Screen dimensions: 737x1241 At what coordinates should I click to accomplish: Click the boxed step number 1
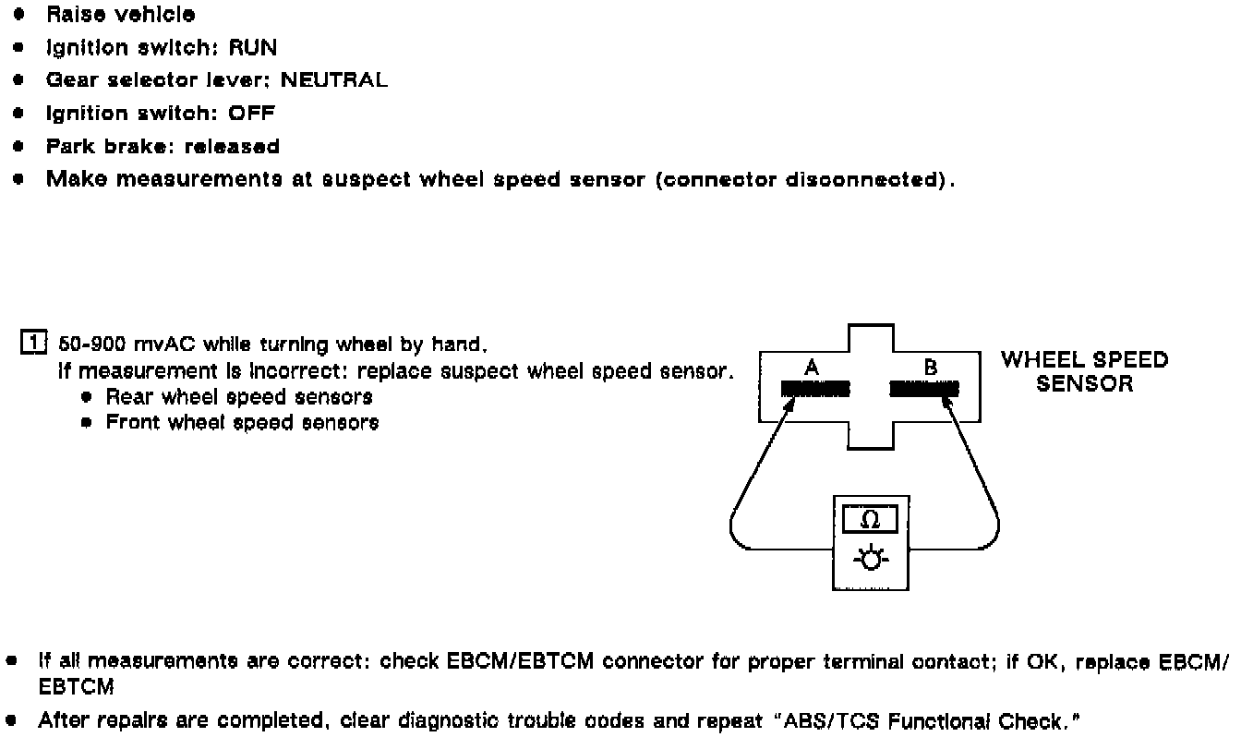click(x=32, y=345)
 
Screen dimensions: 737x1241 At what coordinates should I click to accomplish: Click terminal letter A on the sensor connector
click(x=812, y=368)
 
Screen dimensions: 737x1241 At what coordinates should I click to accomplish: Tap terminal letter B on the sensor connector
click(x=930, y=368)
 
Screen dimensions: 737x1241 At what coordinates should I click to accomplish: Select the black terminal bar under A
click(x=815, y=390)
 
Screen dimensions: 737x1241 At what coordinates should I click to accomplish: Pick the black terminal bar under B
click(x=922, y=390)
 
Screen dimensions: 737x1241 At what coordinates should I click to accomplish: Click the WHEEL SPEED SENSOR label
click(x=1084, y=371)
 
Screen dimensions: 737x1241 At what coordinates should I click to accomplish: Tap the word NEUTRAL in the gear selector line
click(x=333, y=80)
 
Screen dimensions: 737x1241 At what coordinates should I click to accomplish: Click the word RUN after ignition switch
click(x=252, y=47)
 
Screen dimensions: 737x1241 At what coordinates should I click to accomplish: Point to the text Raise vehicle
click(x=120, y=15)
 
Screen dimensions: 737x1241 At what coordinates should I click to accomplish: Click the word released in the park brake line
click(x=232, y=147)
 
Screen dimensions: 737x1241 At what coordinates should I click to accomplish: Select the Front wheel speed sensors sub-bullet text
click(x=242, y=423)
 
